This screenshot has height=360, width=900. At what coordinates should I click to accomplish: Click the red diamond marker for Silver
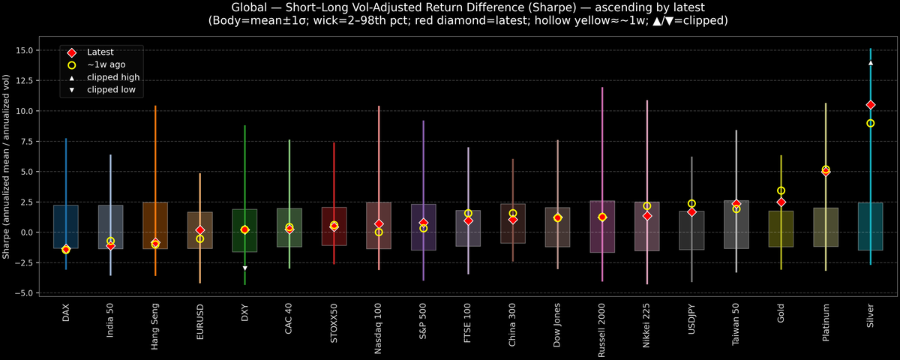871,105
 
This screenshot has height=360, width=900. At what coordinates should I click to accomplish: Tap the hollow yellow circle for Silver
871,123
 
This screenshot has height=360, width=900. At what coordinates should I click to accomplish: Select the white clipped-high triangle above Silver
871,63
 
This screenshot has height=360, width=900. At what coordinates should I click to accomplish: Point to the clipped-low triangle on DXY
244,268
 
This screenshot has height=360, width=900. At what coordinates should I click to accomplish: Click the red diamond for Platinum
826,172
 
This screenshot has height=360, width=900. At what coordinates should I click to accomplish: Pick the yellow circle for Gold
781,190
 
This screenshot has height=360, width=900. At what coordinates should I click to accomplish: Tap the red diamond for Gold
781,202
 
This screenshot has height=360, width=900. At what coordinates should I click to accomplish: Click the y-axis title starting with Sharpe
7,166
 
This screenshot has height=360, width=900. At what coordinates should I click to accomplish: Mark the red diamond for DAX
66,250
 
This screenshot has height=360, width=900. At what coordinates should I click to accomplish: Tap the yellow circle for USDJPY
691,203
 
